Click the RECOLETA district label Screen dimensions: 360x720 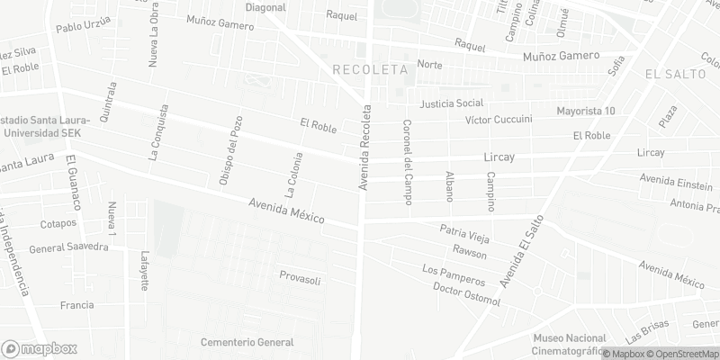point(370,68)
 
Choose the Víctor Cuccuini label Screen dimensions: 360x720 point(499,120)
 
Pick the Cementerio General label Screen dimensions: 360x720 point(247,342)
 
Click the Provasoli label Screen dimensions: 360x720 point(299,275)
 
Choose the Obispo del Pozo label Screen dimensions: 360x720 point(230,151)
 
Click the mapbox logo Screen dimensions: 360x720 point(39,348)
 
